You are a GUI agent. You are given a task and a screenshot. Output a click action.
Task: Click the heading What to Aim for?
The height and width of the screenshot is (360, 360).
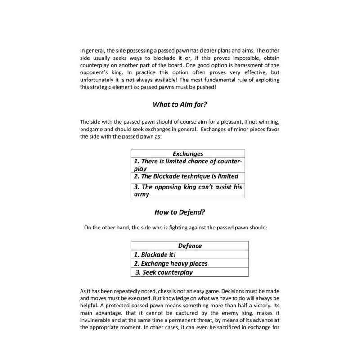180,104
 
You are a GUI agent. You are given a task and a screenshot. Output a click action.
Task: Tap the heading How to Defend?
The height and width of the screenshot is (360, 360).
180,212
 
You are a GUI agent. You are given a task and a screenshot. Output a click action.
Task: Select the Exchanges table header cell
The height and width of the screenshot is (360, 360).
188,154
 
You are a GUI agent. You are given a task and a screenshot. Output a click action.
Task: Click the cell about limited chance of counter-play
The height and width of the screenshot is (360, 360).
188,165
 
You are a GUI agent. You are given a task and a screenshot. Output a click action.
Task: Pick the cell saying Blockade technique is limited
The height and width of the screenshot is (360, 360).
188,176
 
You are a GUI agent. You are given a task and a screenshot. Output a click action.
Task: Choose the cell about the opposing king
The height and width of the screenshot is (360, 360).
188,191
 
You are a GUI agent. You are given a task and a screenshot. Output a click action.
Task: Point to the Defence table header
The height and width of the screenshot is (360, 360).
189,246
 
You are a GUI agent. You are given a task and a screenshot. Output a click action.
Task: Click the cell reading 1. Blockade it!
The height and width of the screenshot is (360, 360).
189,255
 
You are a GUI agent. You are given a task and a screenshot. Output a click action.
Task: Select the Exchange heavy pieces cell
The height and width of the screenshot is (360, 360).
189,263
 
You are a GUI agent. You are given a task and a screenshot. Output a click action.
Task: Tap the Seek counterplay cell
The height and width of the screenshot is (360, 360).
189,272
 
